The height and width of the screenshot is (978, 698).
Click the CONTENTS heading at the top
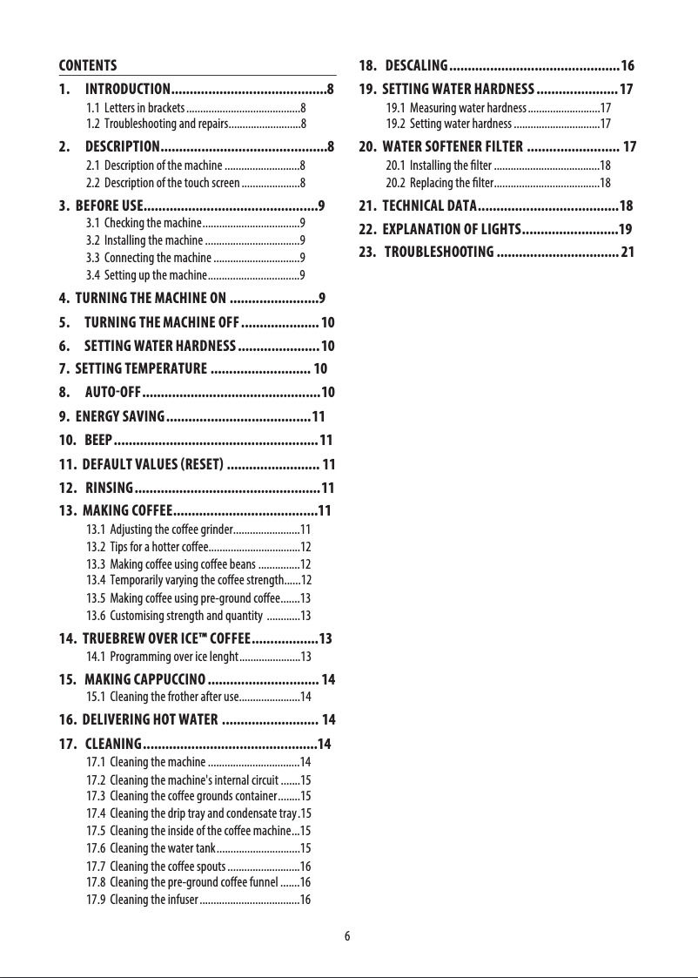click(x=88, y=65)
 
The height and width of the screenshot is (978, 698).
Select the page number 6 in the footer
click(x=347, y=936)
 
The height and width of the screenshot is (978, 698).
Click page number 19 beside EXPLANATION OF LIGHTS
click(x=624, y=230)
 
